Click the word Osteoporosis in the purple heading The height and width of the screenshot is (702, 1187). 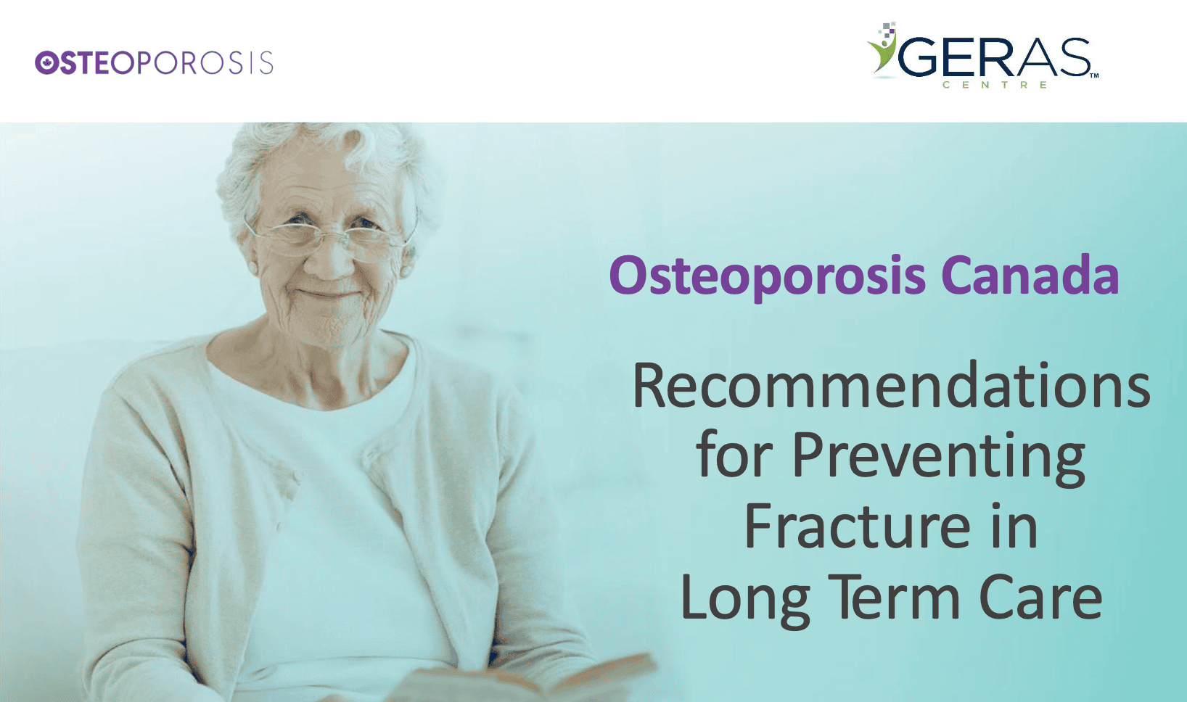coord(768,276)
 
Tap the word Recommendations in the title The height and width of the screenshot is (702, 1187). coord(891,385)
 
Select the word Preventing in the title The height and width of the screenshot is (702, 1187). coord(939,457)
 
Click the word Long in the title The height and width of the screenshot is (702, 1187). coord(745,599)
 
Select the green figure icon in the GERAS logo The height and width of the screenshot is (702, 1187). coord(882,49)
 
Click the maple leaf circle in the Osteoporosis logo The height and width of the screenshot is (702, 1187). coord(46,62)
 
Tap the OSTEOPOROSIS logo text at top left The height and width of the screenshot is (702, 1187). coord(154,62)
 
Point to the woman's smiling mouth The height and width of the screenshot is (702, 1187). coord(327,293)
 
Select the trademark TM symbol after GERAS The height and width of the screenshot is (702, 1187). coord(1094,75)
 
